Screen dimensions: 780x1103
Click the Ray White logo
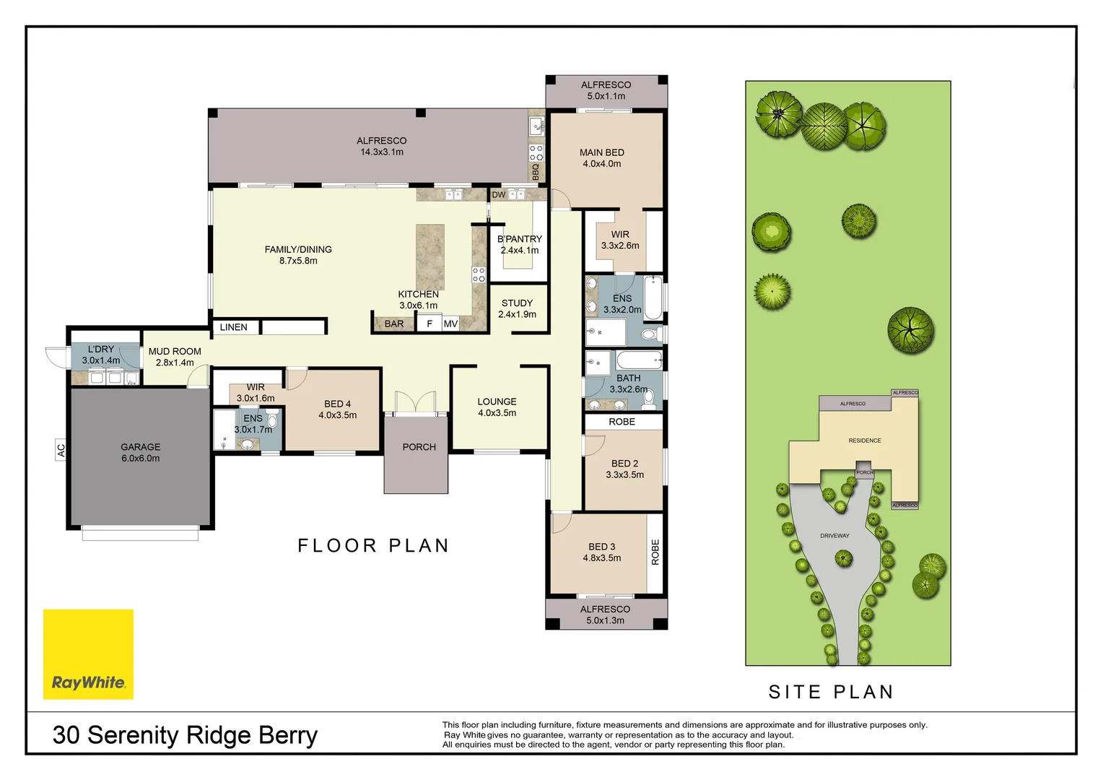(88, 654)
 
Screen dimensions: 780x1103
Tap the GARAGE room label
(141, 447)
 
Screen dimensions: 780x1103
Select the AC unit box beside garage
(61, 450)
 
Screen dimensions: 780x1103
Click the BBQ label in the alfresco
(536, 172)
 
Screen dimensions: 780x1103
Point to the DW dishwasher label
(499, 195)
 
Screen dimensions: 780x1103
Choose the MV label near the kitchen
(450, 324)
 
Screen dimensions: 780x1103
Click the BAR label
(394, 324)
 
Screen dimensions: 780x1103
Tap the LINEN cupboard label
(233, 327)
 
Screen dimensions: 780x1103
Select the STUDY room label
(517, 303)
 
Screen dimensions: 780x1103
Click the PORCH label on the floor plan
(419, 447)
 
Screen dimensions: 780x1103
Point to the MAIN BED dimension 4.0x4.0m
(602, 164)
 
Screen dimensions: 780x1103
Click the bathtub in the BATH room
(640, 360)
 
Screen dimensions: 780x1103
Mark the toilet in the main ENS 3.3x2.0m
(649, 334)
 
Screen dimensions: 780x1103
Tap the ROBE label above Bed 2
(622, 422)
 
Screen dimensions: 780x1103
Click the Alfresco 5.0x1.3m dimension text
(605, 620)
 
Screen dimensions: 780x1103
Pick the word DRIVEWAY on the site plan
(834, 536)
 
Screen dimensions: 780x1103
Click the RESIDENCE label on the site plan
(864, 441)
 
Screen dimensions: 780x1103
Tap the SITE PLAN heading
(831, 692)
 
